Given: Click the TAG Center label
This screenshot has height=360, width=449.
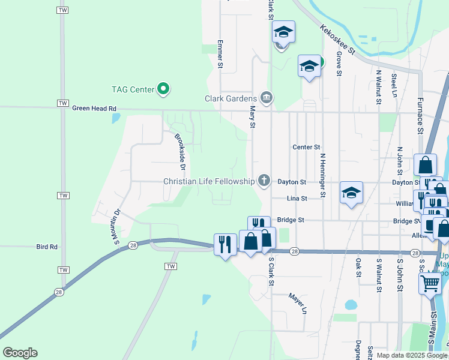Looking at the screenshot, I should tap(133, 90).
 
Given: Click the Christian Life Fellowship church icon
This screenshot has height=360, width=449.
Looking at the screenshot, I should tap(263, 180).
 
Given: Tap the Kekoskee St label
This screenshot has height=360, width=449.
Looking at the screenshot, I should tap(338, 40).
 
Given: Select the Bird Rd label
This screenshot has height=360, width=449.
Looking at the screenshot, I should tap(46, 247).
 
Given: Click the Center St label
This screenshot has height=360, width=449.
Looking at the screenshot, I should tap(307, 147).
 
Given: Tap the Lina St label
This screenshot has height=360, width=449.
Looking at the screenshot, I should tap(297, 198).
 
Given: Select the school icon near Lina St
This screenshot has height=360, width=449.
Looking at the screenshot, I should tap(351, 193).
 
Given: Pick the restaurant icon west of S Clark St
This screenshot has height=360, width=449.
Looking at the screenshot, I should tap(225, 244).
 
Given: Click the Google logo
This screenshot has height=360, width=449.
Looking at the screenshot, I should tap(20, 353).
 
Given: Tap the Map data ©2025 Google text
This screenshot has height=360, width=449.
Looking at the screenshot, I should tap(412, 355).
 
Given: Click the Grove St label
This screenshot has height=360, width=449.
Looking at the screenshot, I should tap(339, 63).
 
